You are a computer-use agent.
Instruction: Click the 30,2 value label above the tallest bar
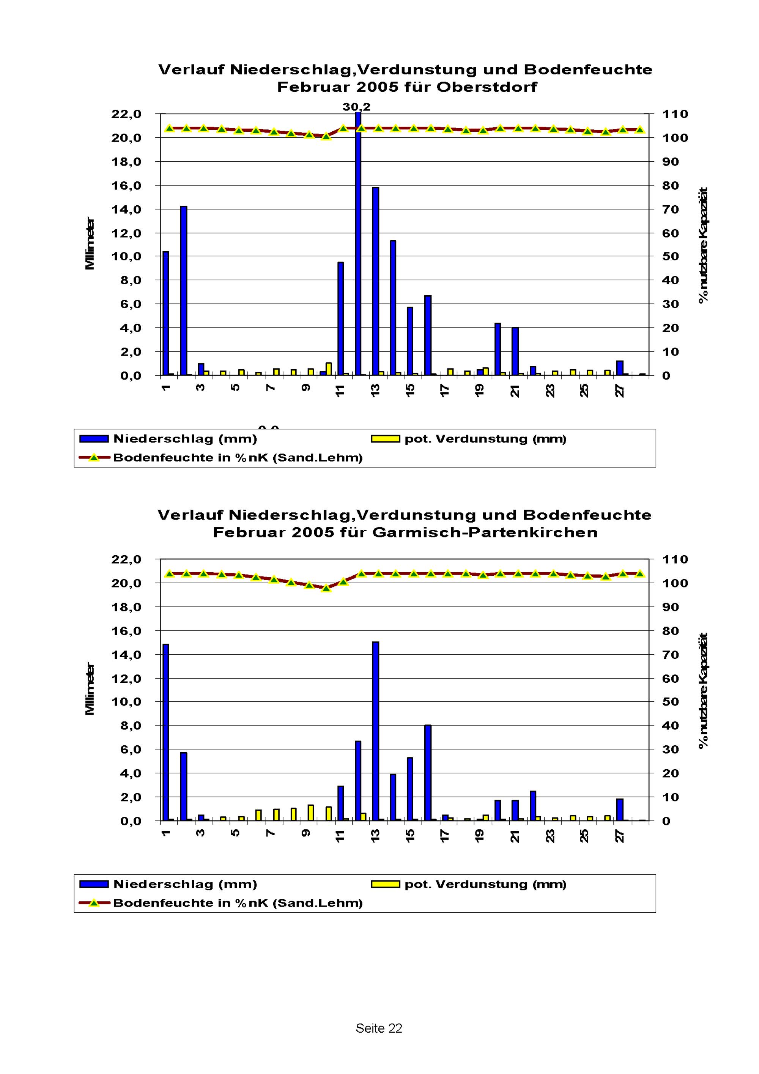[356, 107]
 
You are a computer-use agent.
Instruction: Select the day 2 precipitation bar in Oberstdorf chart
[183, 290]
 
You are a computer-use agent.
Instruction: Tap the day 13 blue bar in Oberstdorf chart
[375, 281]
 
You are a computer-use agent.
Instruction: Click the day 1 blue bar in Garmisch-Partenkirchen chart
[165, 732]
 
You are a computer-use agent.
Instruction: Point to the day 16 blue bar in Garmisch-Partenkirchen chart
[427, 773]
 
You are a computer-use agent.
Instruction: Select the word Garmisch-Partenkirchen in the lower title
[485, 532]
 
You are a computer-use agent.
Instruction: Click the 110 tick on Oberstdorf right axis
[674, 114]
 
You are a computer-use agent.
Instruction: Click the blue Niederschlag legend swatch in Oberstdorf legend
[94, 439]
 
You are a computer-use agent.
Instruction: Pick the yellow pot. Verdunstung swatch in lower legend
[385, 884]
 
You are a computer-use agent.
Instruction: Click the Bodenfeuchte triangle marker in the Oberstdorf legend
[94, 457]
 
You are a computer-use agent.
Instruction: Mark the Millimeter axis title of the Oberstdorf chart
[90, 243]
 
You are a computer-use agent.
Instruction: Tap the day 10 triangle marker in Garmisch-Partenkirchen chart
[326, 588]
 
